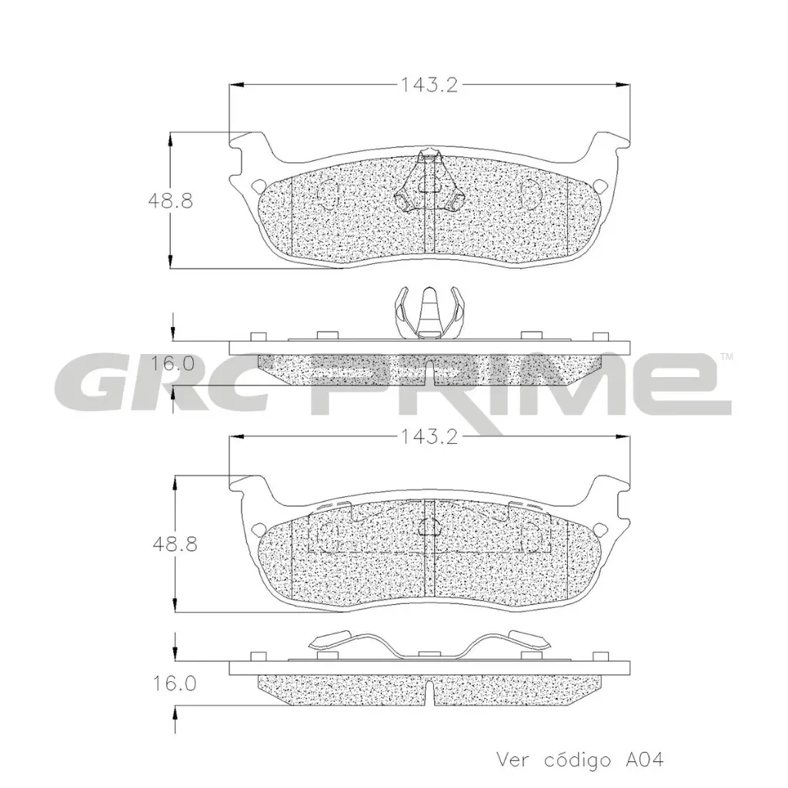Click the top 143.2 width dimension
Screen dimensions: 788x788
coord(428,85)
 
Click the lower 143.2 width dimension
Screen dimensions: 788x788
coord(428,438)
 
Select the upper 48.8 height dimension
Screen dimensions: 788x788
coord(170,202)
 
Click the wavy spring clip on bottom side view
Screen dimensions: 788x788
coord(428,645)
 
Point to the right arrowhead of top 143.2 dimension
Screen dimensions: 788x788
coord(622,85)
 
